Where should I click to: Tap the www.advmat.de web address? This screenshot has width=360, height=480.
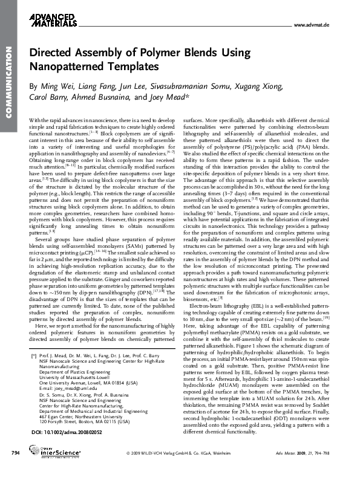[x=310, y=25]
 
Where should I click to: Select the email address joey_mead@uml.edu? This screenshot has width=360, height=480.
[x=67, y=390]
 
